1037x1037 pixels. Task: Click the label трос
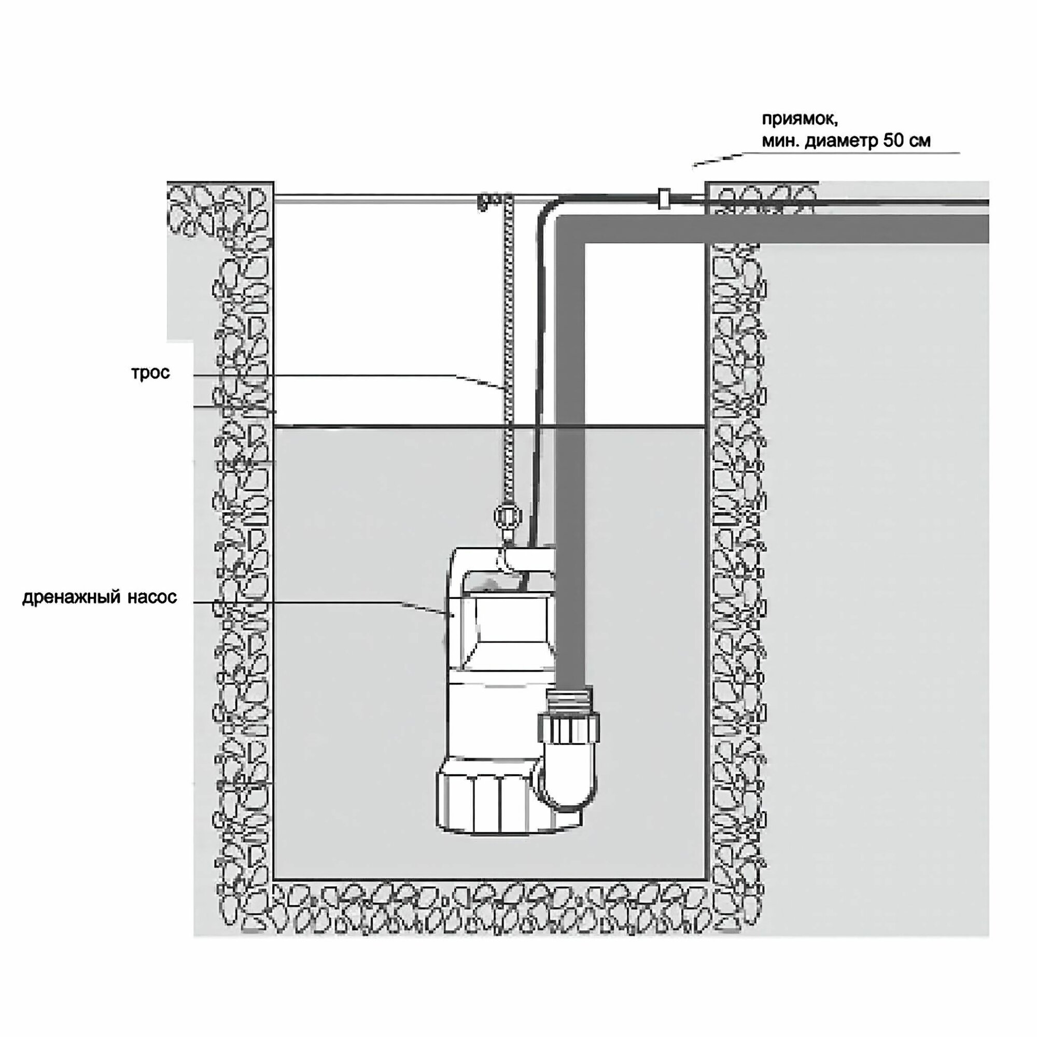[151, 372]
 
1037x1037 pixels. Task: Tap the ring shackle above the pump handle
[507, 516]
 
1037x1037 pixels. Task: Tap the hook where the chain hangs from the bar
[483, 202]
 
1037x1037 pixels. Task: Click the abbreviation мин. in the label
[779, 142]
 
